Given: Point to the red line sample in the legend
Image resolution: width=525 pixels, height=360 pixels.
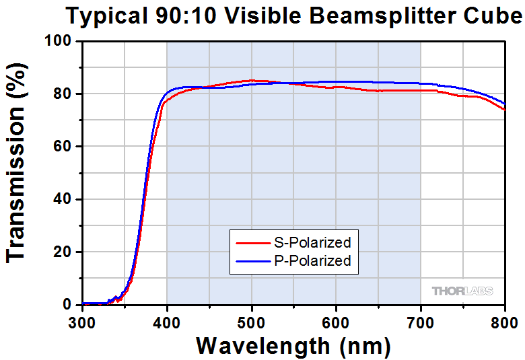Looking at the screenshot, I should tap(251, 242).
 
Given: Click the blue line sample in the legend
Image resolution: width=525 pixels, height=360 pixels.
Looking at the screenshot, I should tap(251, 261).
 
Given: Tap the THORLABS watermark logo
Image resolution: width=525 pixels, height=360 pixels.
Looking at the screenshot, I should tap(462, 291).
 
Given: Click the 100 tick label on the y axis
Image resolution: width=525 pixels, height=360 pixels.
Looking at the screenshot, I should tap(59, 41).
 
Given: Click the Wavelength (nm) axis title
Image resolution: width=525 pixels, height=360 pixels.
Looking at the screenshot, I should tap(293, 345).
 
